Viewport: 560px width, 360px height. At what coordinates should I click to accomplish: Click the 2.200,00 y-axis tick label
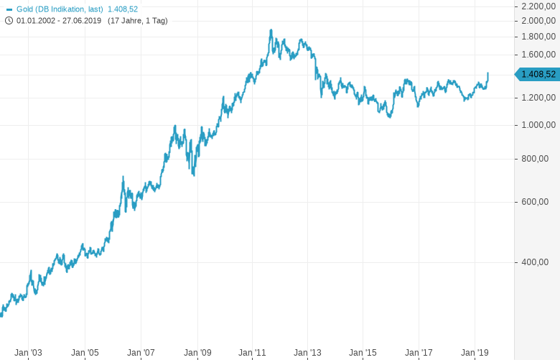pos(538,6)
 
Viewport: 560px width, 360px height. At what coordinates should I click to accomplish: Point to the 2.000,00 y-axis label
pos(538,21)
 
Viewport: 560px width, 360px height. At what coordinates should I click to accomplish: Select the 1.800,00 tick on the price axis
pos(538,37)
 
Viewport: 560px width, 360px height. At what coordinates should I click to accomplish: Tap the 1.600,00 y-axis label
pos(538,55)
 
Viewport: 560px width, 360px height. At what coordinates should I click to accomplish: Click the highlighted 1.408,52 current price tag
pos(538,74)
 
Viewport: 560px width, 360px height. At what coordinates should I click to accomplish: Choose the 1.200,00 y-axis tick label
pos(538,98)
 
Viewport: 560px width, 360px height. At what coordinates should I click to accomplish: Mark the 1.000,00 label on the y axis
pos(538,125)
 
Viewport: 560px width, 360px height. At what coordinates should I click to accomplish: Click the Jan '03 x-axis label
pos(29,353)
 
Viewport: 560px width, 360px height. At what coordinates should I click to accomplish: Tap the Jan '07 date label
pos(141,353)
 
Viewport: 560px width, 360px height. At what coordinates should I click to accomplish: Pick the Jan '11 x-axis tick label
pos(252,353)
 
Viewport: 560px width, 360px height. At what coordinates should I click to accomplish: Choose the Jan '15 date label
pos(363,353)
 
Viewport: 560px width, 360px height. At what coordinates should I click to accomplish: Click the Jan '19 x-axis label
pos(475,353)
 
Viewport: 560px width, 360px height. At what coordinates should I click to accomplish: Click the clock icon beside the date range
pos(9,20)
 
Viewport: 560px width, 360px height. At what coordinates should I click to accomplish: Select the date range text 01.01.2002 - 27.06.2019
pos(59,21)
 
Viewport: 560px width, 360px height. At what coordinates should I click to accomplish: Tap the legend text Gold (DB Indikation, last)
pos(60,9)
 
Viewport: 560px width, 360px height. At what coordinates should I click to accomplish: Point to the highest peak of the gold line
pos(271,30)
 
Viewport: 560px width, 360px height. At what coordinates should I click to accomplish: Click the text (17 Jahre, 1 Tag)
pos(138,21)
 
